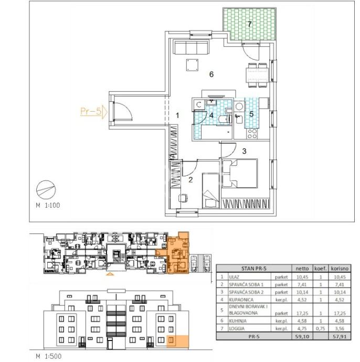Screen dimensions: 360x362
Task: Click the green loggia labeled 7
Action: point(249,25)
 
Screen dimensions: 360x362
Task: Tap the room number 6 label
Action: point(211,74)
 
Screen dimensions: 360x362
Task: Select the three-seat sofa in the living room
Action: point(192,48)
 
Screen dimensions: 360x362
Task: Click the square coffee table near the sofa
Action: point(193,65)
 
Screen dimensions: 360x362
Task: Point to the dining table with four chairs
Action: point(257,75)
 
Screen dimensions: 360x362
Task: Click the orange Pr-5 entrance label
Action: point(91,112)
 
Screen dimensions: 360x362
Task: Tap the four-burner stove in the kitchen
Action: point(252,134)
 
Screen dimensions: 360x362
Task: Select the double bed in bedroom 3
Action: point(239,173)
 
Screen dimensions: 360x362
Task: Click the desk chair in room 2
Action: point(183,198)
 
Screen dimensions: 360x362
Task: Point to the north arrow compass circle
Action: point(46,190)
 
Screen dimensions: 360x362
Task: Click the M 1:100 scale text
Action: point(48,205)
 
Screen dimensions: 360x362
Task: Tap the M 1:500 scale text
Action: point(49,356)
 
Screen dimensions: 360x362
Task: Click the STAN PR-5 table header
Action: point(254,269)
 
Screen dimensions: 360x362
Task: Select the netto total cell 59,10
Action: point(302,336)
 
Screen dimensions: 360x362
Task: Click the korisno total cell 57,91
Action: point(340,336)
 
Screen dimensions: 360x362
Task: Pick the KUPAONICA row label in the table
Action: point(241,300)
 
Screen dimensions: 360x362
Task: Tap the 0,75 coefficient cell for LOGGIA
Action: point(320,328)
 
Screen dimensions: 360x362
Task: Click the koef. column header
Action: point(321,269)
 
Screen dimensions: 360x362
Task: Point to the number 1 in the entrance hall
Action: point(177,115)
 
